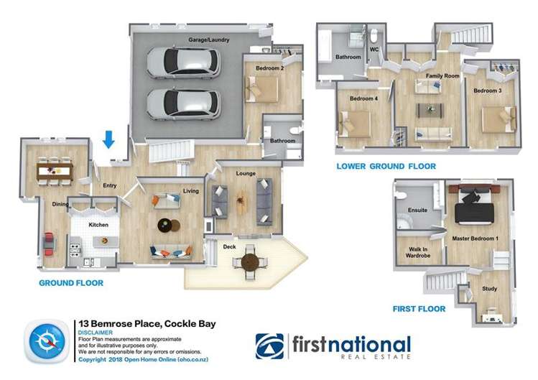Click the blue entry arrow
[108, 137]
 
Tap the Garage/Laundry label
[208, 40]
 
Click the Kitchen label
[98, 225]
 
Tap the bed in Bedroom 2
[264, 89]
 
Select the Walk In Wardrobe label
[416, 253]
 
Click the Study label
[489, 289]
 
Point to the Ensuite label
[417, 210]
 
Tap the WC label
[374, 50]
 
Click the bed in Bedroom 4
[355, 124]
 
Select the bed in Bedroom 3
[499, 119]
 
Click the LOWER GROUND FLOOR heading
[386, 166]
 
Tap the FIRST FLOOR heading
[419, 309]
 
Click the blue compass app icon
[47, 341]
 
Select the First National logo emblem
[270, 346]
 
